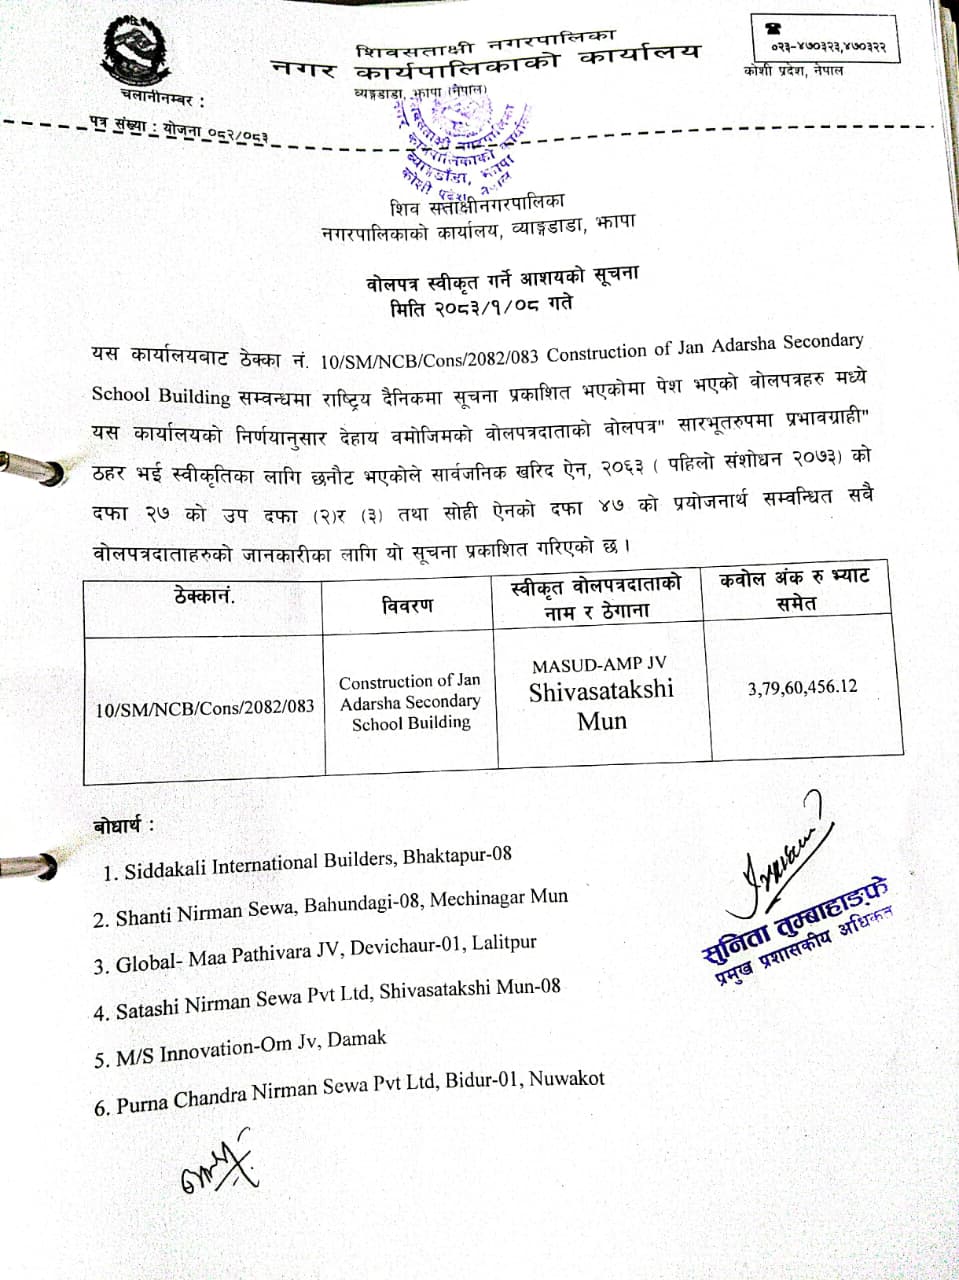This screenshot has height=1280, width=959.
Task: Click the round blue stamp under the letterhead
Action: tap(457, 142)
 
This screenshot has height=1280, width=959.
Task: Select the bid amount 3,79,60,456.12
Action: tap(802, 687)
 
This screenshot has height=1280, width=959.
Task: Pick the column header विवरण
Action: tap(407, 606)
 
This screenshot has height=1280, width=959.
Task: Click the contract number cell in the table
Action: tap(205, 708)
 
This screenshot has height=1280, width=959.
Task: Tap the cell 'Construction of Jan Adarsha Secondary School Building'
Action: tap(410, 702)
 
